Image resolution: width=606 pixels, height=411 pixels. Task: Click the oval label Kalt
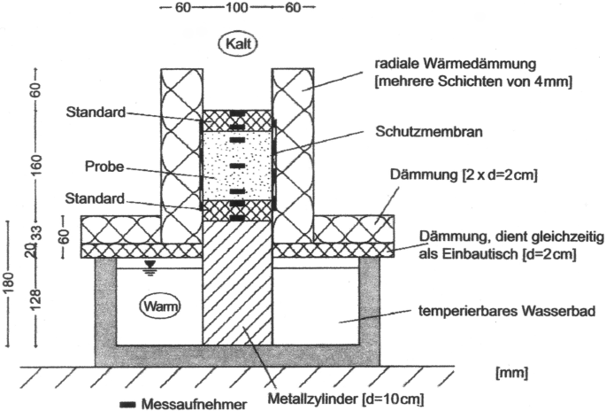[238, 43]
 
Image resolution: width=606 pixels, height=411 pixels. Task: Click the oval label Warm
[160, 307]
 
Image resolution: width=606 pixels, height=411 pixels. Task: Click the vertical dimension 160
[34, 167]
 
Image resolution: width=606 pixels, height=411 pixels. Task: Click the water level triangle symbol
[151, 263]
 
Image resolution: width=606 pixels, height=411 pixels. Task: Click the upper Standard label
[95, 113]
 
